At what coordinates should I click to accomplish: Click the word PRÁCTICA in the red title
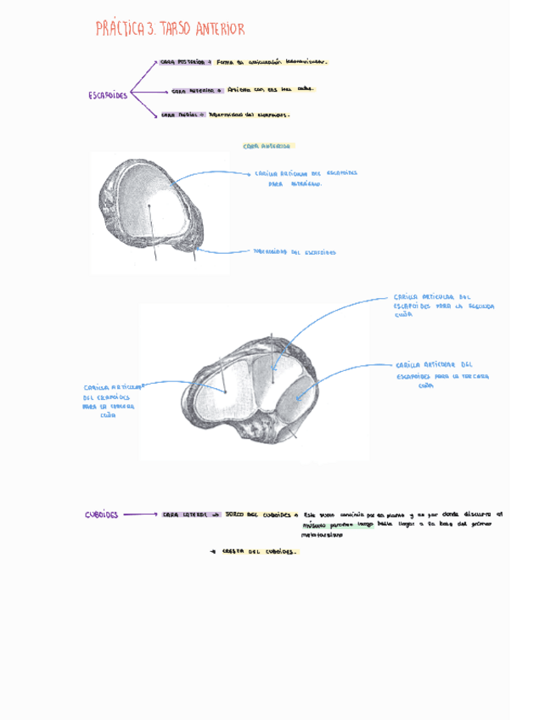pos(121,31)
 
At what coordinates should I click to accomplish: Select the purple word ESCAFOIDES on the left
pos(109,95)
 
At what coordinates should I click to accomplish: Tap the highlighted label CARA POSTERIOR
pos(184,62)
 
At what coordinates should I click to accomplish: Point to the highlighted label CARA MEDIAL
pos(179,115)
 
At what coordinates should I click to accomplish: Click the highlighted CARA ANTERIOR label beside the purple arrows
pos(197,89)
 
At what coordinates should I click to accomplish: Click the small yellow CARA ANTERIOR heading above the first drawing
pos(267,145)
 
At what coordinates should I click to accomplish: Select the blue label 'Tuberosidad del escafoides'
pos(295,252)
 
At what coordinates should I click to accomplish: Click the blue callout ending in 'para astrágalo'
pos(306,177)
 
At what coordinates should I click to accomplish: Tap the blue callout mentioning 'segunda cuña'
pos(443,306)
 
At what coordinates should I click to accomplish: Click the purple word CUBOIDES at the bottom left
pos(102,515)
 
